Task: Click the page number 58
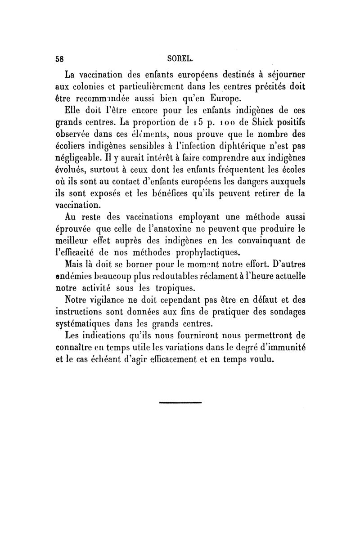59,58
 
